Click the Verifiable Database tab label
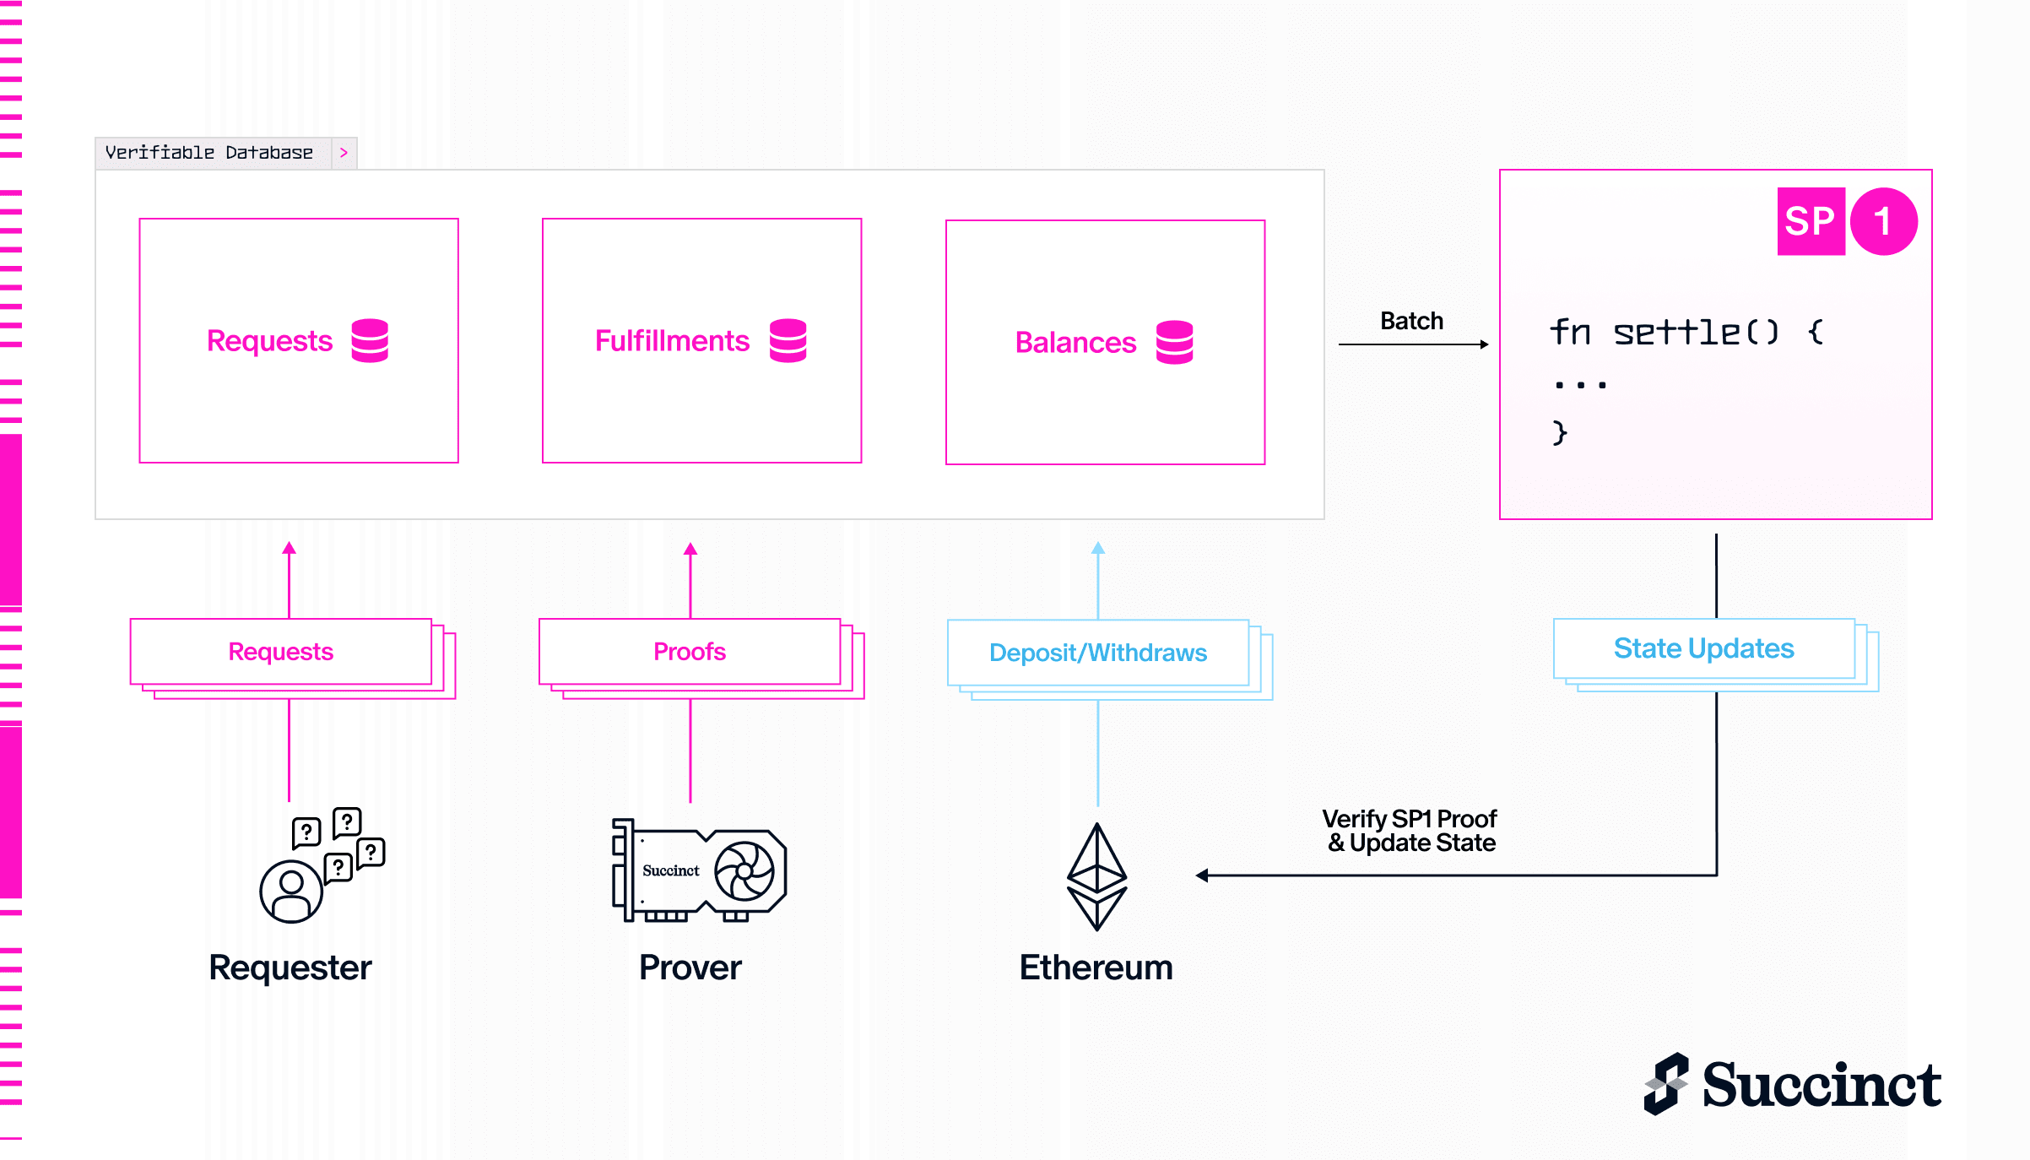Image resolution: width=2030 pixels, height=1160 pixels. [x=208, y=153]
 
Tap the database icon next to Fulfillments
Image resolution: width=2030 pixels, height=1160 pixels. [x=788, y=340]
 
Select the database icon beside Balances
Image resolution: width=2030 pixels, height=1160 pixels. [x=1175, y=342]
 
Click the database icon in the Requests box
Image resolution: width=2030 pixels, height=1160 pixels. [x=370, y=340]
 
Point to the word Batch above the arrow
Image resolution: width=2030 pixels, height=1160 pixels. [x=1411, y=321]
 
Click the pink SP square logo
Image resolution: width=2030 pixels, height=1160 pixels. [x=1811, y=221]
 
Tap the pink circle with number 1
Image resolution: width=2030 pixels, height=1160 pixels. [x=1884, y=221]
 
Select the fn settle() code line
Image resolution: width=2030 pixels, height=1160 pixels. [x=1686, y=332]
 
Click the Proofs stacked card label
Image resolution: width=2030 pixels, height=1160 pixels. [x=690, y=652]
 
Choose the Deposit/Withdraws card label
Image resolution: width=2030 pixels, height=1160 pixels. [x=1098, y=653]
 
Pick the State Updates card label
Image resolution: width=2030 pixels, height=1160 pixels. [x=1704, y=648]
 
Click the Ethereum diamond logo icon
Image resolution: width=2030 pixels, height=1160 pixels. [x=1097, y=876]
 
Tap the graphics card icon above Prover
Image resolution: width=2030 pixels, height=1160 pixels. [x=700, y=870]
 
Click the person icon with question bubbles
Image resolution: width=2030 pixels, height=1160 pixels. [x=322, y=865]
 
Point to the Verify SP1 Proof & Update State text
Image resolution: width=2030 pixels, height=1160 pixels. [x=1410, y=831]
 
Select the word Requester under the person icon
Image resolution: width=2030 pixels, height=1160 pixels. [x=290, y=968]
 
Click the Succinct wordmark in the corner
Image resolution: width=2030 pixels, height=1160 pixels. [x=1822, y=1085]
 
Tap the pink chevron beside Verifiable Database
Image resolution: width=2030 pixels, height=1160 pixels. [x=344, y=153]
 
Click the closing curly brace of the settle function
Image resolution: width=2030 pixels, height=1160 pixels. [x=1559, y=433]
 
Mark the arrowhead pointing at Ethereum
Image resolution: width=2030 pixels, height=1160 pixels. [x=1201, y=875]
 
